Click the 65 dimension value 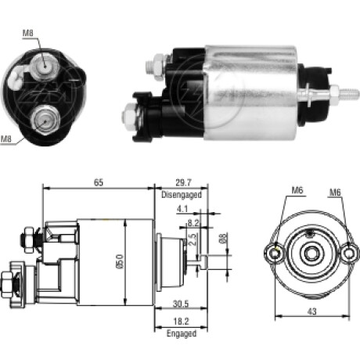click(x=99, y=182)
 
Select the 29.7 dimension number click(x=183, y=182)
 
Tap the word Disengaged click(x=182, y=195)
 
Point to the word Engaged click(x=182, y=333)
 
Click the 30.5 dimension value click(x=181, y=304)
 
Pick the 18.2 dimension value click(x=181, y=321)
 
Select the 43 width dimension click(x=312, y=311)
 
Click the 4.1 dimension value click(x=182, y=209)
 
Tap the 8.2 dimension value click(x=193, y=223)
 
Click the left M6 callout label click(x=297, y=190)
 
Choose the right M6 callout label click(x=335, y=193)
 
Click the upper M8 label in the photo click(x=28, y=33)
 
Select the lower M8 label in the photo click(x=5, y=139)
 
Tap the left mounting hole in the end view click(x=275, y=254)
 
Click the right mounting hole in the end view click(x=349, y=254)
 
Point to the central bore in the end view click(x=311, y=254)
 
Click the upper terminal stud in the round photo click(x=45, y=67)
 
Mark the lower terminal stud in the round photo click(x=45, y=121)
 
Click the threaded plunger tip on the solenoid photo click(x=349, y=93)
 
